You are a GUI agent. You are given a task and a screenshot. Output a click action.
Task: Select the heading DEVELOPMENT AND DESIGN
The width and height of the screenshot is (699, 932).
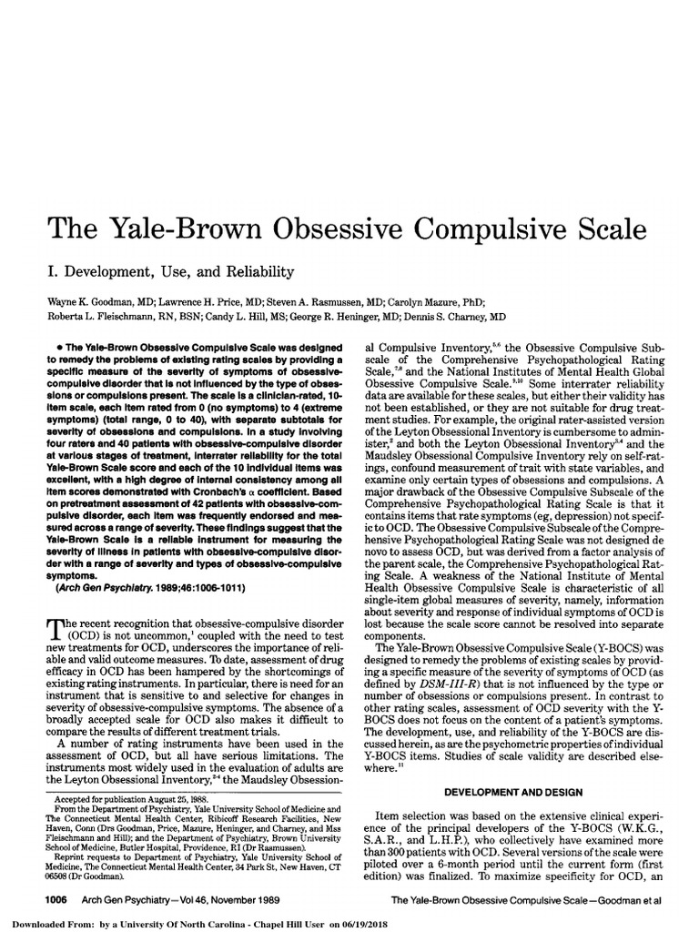point(514,793)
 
